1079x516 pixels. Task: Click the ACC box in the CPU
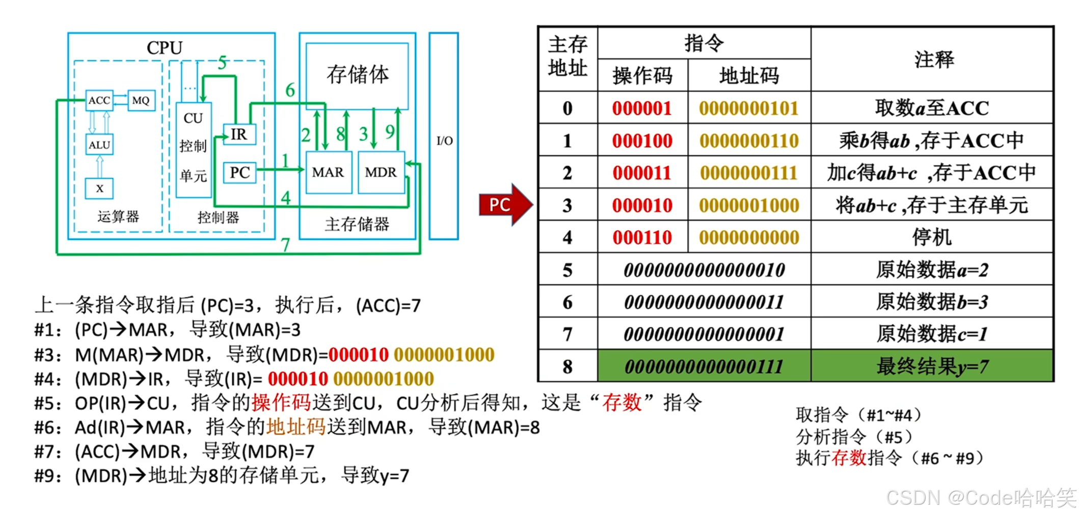click(x=99, y=100)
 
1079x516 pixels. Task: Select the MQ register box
click(x=141, y=100)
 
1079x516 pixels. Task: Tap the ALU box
click(x=99, y=145)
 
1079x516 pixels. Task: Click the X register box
click(x=99, y=188)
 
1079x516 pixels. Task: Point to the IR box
click(x=239, y=134)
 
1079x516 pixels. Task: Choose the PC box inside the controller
click(x=239, y=173)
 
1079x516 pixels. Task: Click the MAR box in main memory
click(x=328, y=173)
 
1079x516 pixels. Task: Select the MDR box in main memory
click(x=381, y=173)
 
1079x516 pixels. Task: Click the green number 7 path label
click(x=285, y=245)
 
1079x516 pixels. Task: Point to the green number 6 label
click(x=290, y=90)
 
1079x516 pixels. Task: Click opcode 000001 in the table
click(x=642, y=108)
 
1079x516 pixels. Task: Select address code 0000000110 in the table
click(x=749, y=140)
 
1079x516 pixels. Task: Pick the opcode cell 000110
click(x=642, y=237)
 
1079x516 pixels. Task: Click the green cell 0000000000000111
click(x=704, y=366)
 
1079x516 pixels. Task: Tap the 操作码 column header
click(x=642, y=76)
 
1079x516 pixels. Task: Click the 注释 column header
click(x=933, y=60)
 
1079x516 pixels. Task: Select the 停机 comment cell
click(x=932, y=237)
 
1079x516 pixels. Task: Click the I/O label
click(x=444, y=140)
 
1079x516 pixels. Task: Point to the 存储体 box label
click(x=357, y=75)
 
